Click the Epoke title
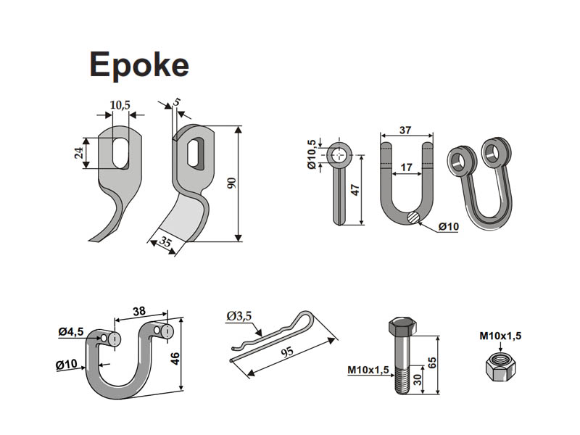(138, 65)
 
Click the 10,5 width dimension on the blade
(120, 105)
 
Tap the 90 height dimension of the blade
(231, 183)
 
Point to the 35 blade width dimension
(166, 244)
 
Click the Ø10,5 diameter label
(312, 154)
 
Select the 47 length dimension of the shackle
(355, 191)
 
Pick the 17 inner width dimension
(406, 167)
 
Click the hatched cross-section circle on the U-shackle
(413, 216)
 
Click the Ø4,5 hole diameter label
(71, 332)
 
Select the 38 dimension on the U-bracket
(140, 312)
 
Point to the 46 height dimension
(194, 358)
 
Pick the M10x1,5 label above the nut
(500, 336)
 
